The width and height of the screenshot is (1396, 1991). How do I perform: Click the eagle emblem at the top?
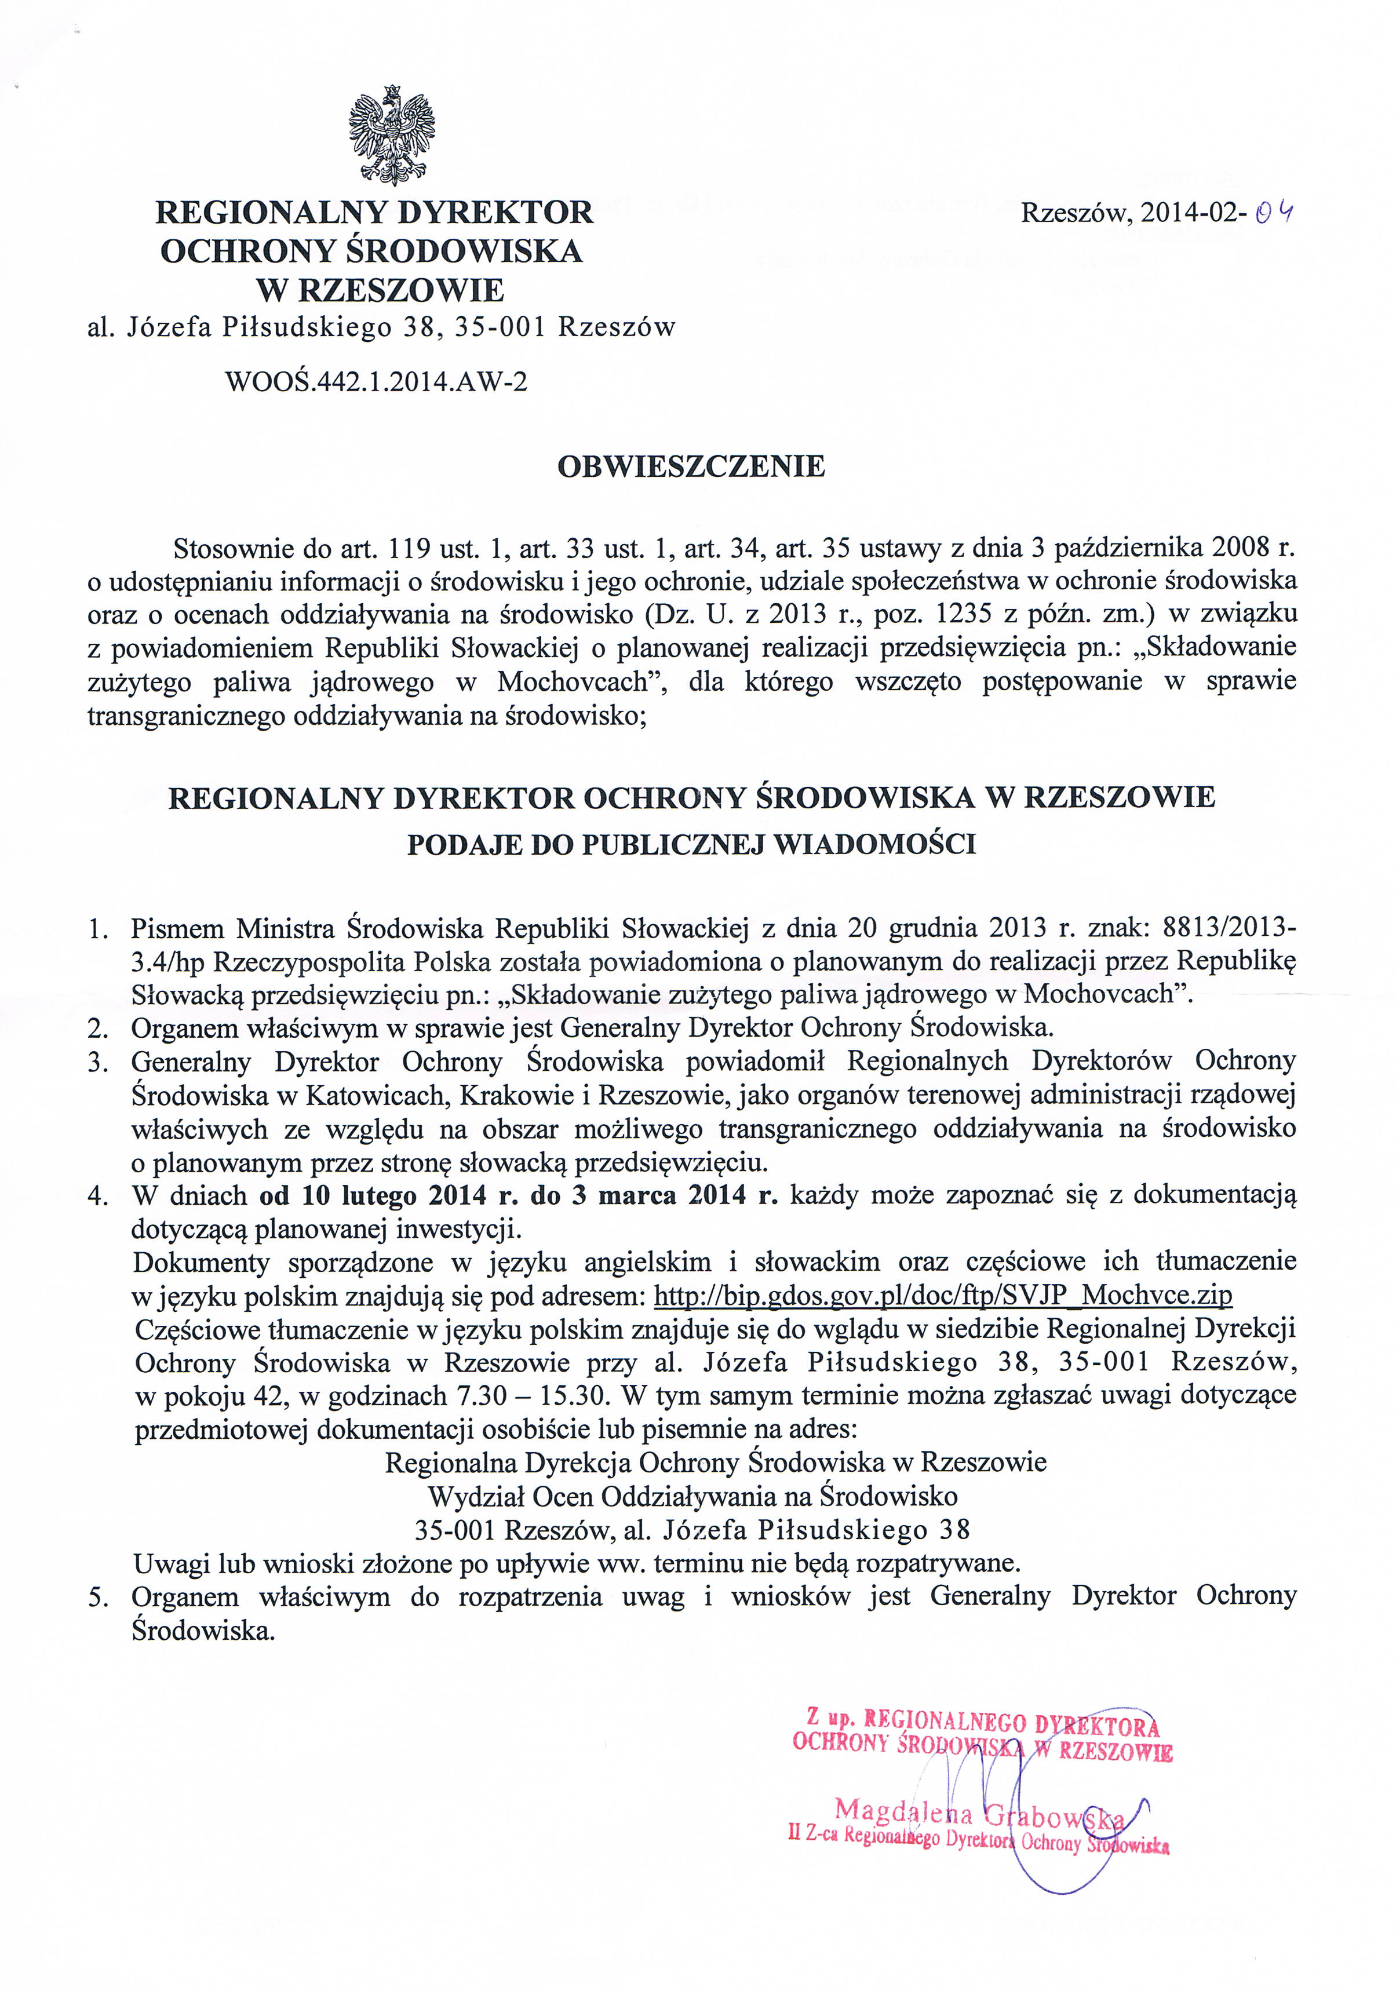click(392, 135)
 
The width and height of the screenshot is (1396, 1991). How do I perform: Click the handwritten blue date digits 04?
click(1275, 213)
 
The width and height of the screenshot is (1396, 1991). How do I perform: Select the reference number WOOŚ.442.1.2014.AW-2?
click(376, 381)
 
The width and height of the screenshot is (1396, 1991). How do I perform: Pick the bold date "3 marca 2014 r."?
click(676, 1196)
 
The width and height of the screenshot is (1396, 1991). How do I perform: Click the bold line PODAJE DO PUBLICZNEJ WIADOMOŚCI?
click(691, 845)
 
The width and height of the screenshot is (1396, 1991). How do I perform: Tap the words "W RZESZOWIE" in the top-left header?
click(380, 290)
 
